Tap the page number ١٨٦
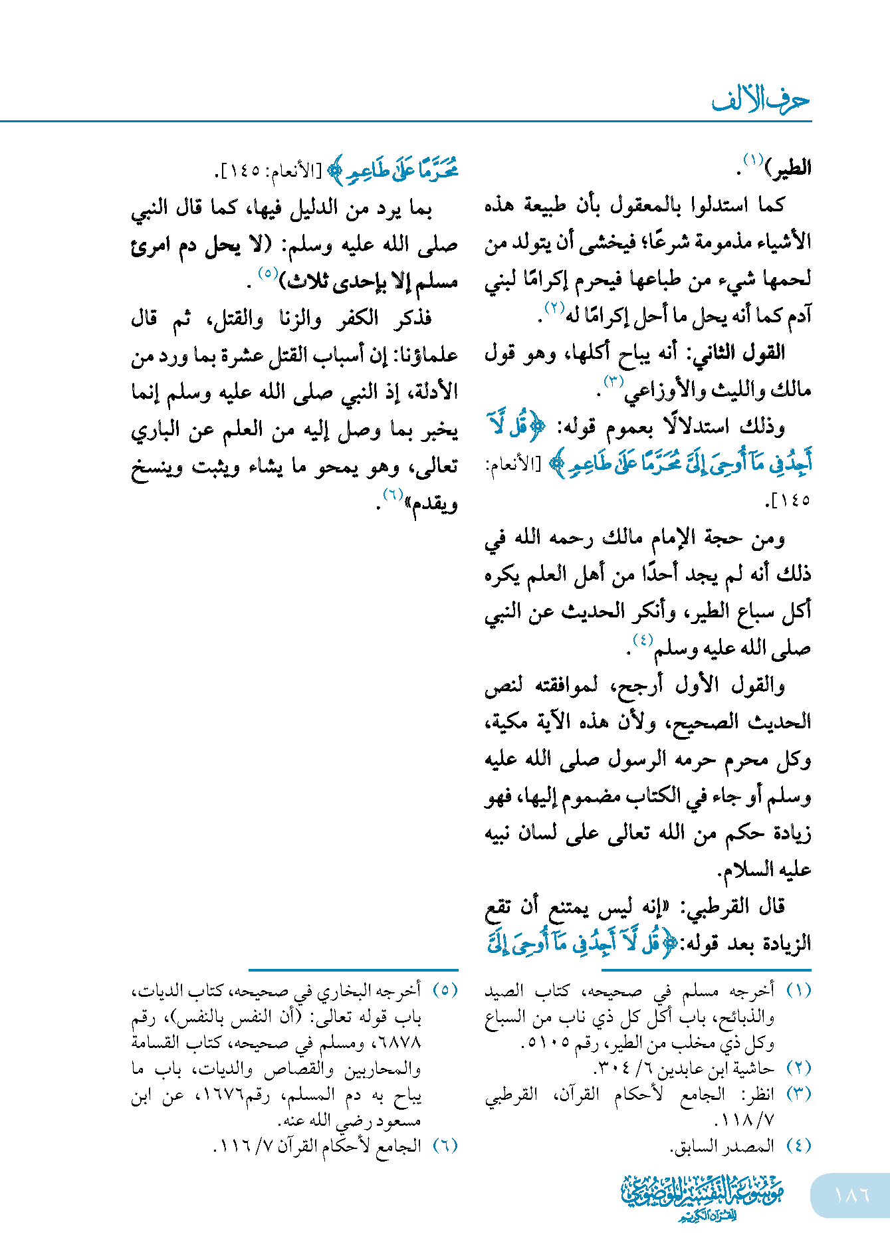[851, 1195]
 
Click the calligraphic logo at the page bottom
[702, 1197]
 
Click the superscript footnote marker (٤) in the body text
[642, 639]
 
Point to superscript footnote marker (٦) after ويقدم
[393, 494]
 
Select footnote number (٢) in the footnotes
[798, 1069]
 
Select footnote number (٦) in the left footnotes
[445, 1146]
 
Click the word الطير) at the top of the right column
[788, 167]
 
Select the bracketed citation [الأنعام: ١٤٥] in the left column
[269, 171]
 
